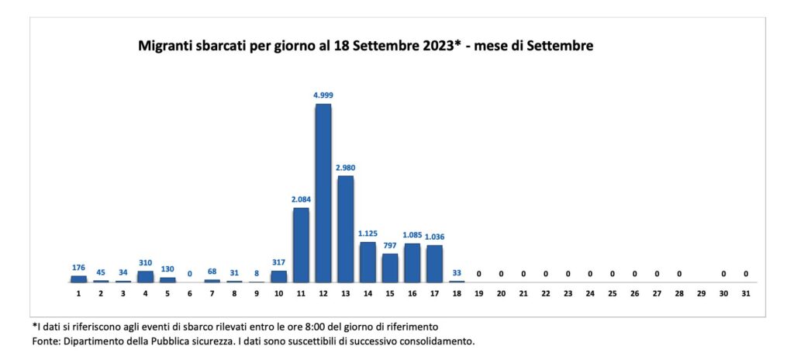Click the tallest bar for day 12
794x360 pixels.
click(x=323, y=192)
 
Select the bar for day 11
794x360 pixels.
click(x=301, y=244)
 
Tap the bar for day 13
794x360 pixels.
click(x=346, y=229)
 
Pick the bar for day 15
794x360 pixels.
click(x=390, y=268)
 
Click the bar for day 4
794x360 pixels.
click(x=145, y=276)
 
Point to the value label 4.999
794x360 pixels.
click(x=323, y=95)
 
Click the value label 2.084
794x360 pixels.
click(x=301, y=199)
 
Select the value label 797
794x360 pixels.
click(x=390, y=245)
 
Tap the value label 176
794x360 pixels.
click(x=78, y=268)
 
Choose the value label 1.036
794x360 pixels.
click(x=435, y=237)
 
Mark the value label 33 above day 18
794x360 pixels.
click(x=457, y=272)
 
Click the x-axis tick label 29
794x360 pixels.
click(x=702, y=294)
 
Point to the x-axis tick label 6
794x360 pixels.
click(x=190, y=294)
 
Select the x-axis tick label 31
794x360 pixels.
click(x=746, y=294)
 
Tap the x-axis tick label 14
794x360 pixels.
click(x=368, y=294)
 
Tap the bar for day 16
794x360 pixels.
click(x=413, y=263)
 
